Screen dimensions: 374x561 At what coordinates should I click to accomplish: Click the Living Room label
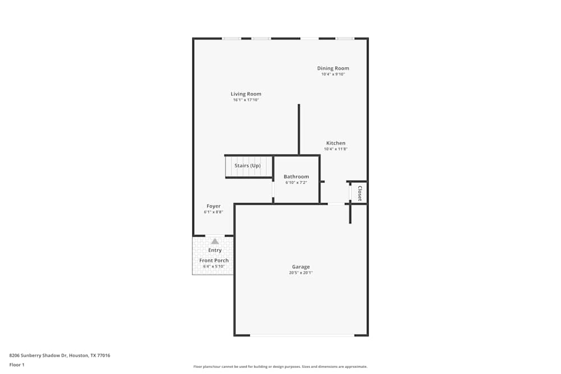(x=246, y=94)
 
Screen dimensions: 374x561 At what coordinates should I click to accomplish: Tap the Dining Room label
(x=333, y=68)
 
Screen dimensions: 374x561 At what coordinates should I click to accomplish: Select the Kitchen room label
(x=336, y=143)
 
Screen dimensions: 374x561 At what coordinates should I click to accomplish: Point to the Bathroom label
(x=296, y=177)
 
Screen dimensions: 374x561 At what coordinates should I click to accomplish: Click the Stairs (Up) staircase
(x=247, y=166)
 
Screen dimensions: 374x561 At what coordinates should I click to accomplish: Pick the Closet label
(x=360, y=193)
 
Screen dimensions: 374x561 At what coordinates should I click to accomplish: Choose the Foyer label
(x=213, y=206)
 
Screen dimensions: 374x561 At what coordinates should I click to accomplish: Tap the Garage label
(x=301, y=267)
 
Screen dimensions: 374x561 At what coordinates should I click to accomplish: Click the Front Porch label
(x=214, y=261)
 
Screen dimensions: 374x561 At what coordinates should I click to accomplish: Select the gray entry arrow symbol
(x=215, y=241)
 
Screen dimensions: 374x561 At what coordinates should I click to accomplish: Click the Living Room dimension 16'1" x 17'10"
(x=246, y=100)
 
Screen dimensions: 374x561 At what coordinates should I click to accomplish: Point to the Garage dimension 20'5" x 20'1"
(x=301, y=273)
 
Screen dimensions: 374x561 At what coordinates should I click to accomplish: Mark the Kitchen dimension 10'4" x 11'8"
(x=336, y=149)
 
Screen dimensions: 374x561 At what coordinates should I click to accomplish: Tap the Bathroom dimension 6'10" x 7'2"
(x=296, y=183)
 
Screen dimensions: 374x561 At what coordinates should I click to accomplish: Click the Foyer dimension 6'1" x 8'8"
(x=213, y=213)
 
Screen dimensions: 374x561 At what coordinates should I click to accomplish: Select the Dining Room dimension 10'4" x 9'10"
(x=333, y=74)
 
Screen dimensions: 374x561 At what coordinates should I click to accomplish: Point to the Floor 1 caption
(x=17, y=364)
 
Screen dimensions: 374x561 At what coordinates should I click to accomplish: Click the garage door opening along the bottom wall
(x=302, y=335)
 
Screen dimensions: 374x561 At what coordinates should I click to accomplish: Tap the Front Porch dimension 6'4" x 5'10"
(x=214, y=266)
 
